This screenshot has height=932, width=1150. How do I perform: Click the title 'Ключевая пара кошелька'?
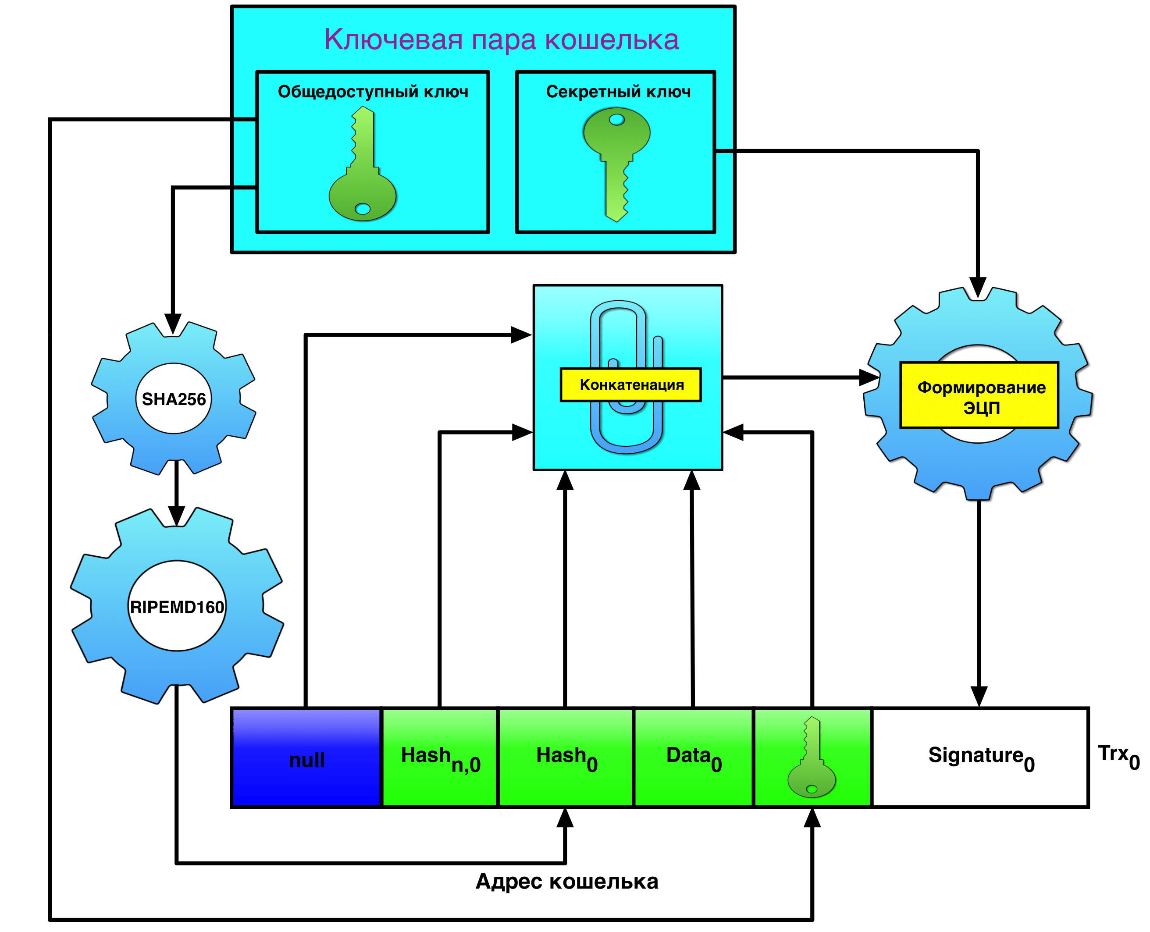(501, 40)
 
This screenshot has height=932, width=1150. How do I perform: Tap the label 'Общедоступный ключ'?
(373, 92)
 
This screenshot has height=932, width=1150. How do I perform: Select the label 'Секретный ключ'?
(618, 92)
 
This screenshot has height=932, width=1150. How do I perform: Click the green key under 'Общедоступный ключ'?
(363, 167)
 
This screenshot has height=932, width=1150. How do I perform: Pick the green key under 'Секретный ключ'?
(617, 161)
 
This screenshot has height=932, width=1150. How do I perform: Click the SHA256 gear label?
(174, 399)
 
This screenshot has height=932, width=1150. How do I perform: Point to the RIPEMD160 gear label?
(177, 607)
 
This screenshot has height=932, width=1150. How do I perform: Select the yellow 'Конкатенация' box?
(631, 385)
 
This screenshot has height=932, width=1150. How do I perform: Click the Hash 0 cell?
(566, 758)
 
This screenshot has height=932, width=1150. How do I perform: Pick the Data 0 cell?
(694, 758)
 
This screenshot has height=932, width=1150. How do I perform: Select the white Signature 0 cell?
(980, 758)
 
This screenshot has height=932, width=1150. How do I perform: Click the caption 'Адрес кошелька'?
(566, 882)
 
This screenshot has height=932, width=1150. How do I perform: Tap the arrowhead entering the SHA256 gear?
(172, 324)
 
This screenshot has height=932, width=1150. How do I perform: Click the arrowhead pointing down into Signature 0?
(979, 696)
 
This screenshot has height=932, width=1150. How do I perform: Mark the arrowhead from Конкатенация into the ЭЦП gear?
(869, 377)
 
